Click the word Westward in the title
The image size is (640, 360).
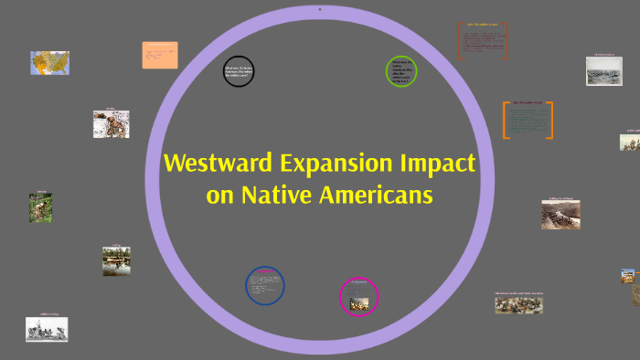click(213, 164)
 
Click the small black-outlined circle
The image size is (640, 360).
click(239, 71)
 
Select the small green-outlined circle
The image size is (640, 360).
click(401, 72)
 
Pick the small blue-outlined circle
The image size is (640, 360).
click(265, 286)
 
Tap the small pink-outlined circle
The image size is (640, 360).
click(358, 296)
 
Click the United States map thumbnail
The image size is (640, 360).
click(49, 63)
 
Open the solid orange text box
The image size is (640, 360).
click(160, 54)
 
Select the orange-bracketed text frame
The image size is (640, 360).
click(528, 120)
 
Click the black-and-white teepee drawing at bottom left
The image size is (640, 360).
click(47, 329)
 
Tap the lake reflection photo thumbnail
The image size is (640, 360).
click(116, 261)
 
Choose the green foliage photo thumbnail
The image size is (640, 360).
click(40, 208)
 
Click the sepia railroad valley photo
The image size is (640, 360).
click(560, 215)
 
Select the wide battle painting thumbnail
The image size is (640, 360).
click(518, 304)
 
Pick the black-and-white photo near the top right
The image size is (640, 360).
click(603, 71)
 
